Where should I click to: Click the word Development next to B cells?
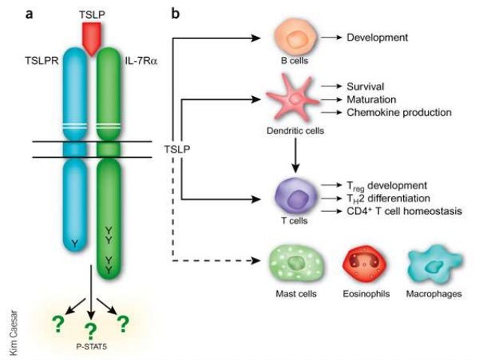point(378,35)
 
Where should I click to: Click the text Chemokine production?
point(399,112)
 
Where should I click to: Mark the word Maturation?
point(372,98)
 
